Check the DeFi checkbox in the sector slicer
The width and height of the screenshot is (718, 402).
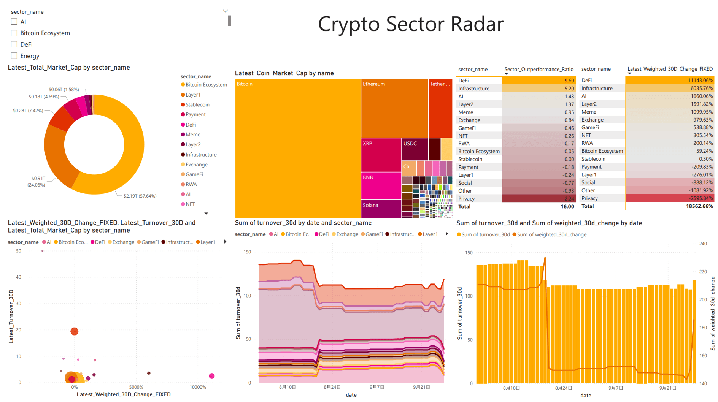point(14,44)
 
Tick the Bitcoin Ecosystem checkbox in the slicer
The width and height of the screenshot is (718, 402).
point(14,33)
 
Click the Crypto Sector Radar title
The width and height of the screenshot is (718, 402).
point(410,24)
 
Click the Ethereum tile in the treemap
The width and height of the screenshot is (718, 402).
point(394,108)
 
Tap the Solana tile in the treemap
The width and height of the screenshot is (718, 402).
point(380,209)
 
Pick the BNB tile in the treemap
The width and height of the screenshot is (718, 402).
point(380,185)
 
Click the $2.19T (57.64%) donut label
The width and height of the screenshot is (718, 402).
point(140,196)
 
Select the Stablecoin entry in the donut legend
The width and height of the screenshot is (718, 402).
point(197,105)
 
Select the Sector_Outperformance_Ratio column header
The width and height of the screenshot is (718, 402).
point(538,69)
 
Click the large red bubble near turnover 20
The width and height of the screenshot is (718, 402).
point(75,331)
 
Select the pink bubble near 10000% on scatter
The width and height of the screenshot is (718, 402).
point(212,376)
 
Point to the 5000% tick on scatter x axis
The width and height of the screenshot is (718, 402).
point(136,387)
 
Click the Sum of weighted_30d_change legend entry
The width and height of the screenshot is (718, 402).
point(551,234)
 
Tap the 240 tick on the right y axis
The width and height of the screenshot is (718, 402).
point(703,244)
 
